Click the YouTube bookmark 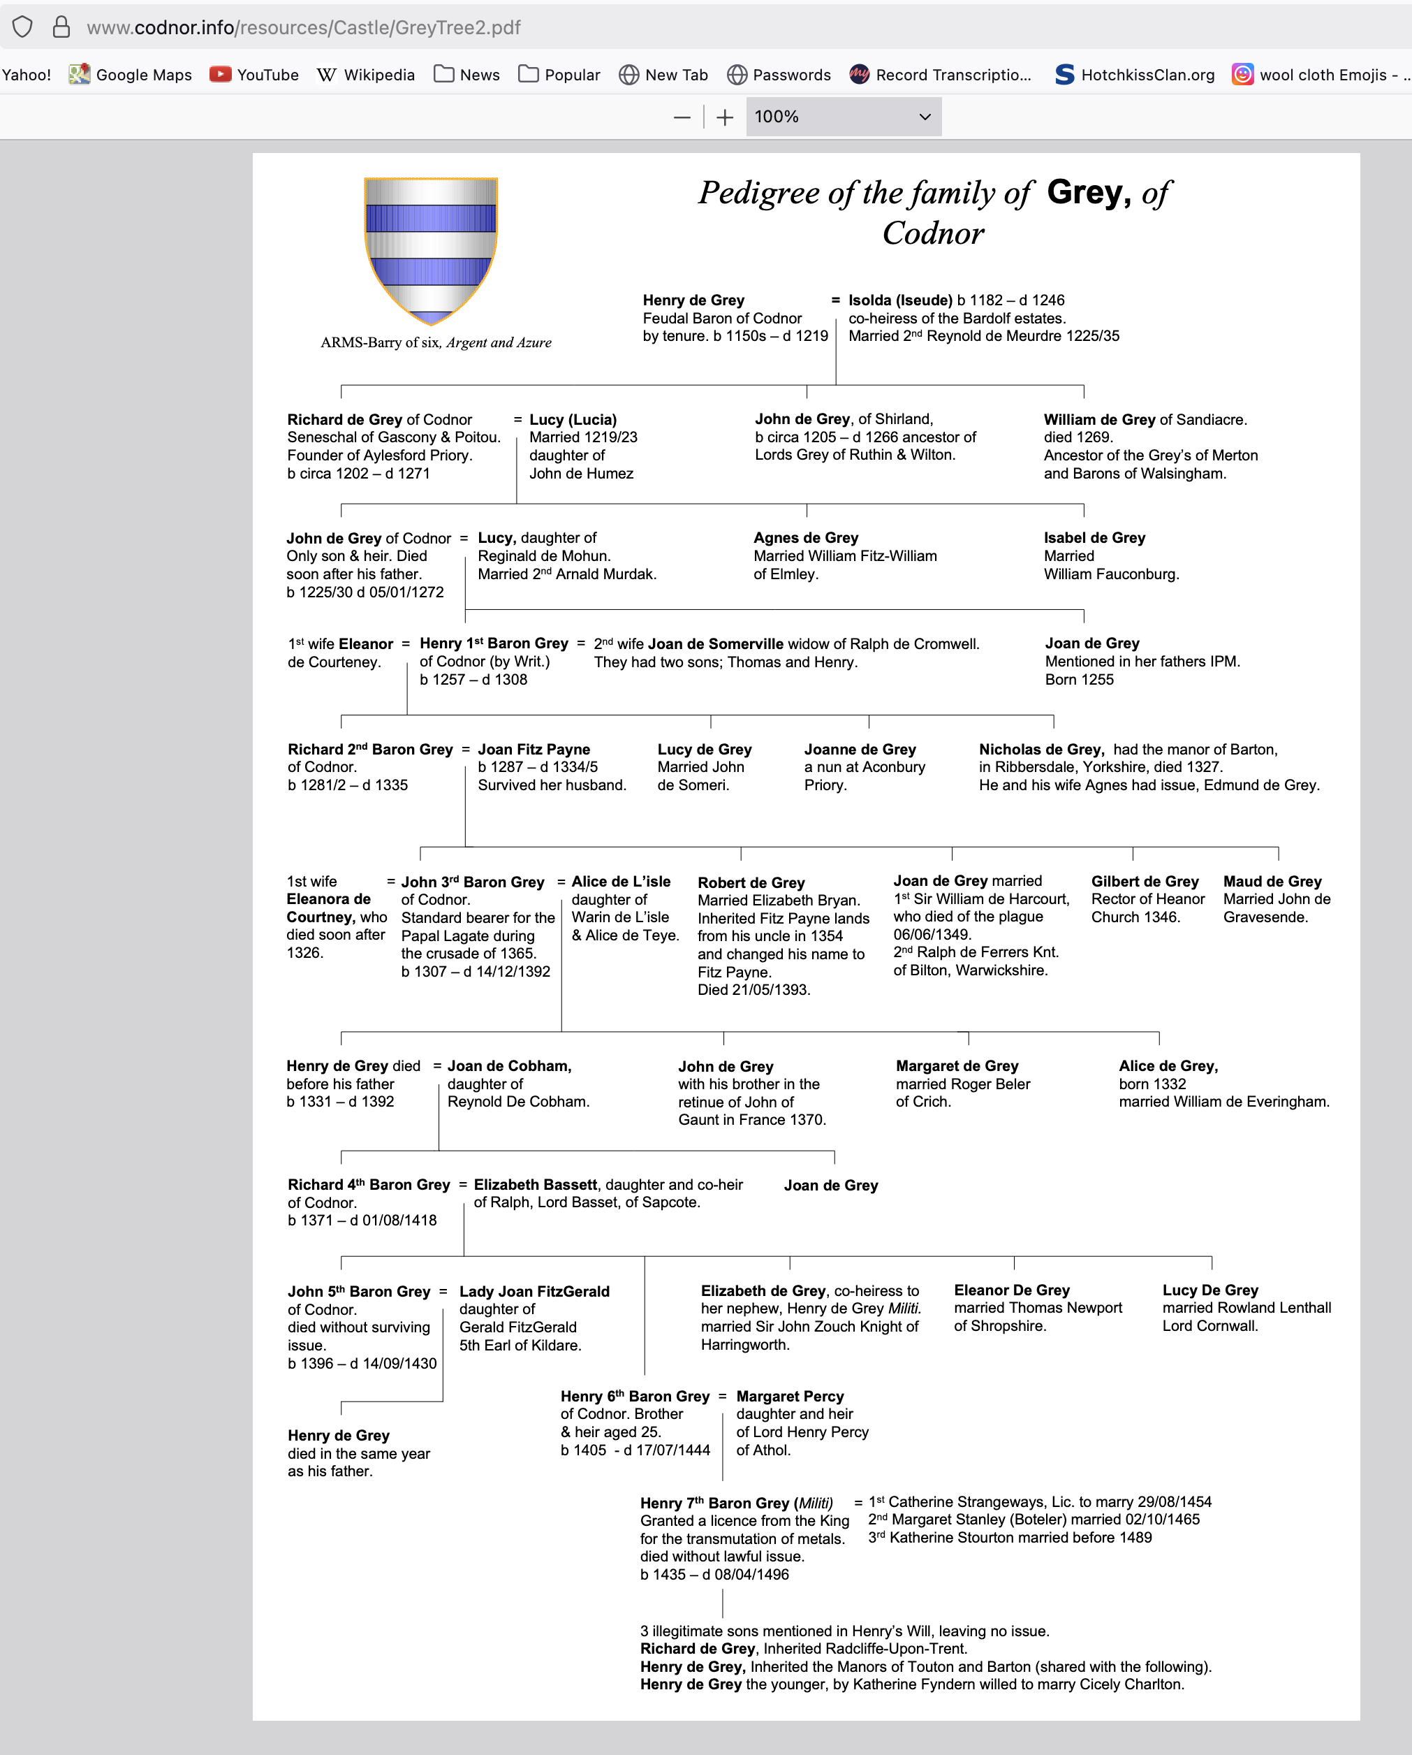point(254,75)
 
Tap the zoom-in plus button point(724,117)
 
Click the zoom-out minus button point(682,117)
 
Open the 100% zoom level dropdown point(842,117)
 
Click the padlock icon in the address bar point(61,28)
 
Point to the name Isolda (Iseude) point(899,300)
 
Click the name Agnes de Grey point(806,538)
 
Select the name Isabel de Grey point(1094,538)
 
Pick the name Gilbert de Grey point(1145,882)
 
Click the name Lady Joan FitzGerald point(534,1292)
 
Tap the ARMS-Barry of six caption point(435,343)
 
